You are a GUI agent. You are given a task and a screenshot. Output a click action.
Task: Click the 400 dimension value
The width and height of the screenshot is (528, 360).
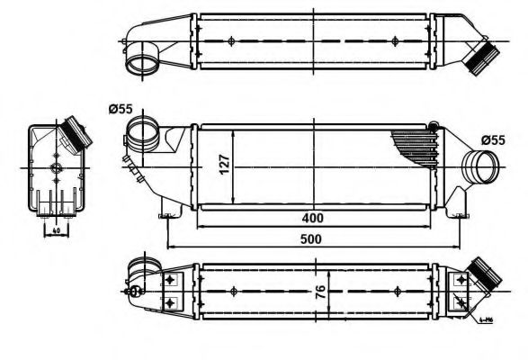[312, 218]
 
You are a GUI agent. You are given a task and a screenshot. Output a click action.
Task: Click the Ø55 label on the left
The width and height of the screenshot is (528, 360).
[121, 109]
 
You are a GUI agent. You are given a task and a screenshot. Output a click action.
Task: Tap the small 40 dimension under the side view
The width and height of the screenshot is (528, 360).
[55, 229]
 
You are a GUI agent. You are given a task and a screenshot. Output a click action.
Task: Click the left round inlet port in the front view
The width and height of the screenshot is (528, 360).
[141, 138]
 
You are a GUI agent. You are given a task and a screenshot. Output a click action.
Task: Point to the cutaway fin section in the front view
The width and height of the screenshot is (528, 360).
[416, 144]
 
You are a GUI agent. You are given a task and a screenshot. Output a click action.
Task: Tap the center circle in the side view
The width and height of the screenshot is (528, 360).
[56, 168]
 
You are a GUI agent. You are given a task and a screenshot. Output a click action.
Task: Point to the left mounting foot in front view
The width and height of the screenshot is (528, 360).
[166, 213]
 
